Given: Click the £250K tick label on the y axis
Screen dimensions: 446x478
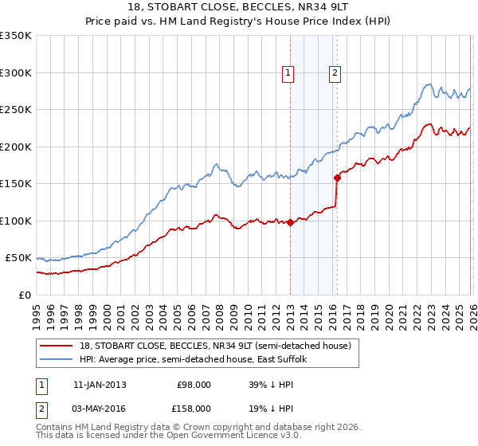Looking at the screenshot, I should click(16, 109).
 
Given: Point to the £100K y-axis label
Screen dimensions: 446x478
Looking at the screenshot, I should click(16, 221).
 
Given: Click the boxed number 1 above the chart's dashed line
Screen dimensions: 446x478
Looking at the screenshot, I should click(288, 73).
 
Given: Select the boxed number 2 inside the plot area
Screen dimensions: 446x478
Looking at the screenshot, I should click(335, 73).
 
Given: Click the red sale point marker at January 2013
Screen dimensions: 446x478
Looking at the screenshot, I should click(290, 222).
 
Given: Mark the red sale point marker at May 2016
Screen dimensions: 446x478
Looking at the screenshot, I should click(337, 178).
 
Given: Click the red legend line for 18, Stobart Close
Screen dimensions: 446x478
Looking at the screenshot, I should click(57, 346).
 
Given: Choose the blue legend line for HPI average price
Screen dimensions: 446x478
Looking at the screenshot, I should click(57, 360).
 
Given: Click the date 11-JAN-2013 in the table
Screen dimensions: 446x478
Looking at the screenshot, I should click(100, 385).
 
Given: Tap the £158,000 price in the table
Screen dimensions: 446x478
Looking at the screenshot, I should click(194, 407).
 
